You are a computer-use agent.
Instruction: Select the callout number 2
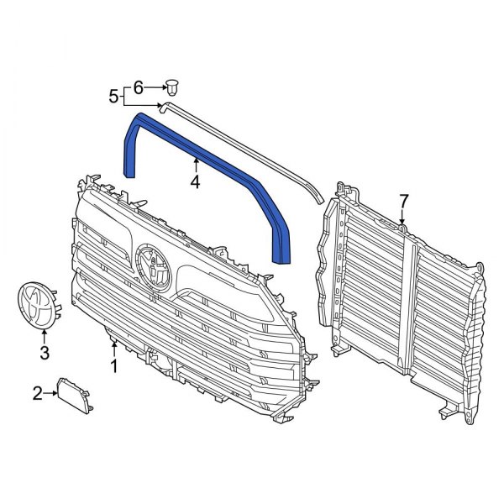[x=37, y=392]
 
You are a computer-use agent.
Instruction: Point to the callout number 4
[x=195, y=181]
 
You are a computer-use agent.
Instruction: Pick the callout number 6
[x=139, y=86]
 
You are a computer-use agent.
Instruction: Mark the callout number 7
[x=403, y=201]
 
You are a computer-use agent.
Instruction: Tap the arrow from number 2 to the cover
[x=50, y=392]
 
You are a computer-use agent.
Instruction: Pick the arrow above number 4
[x=195, y=165]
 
